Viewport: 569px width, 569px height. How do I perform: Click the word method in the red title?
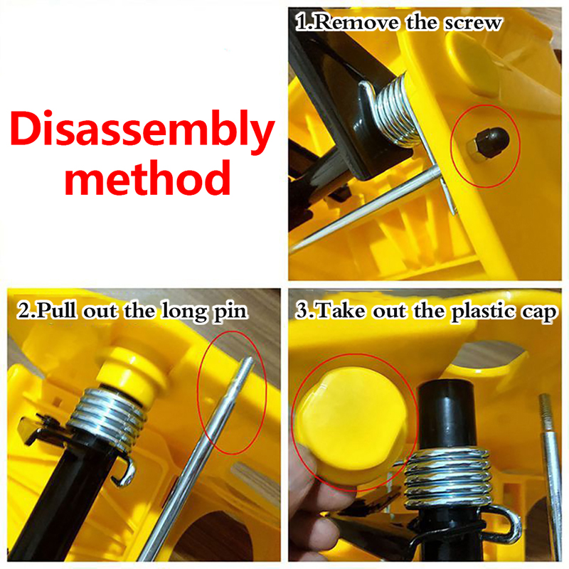click(148, 178)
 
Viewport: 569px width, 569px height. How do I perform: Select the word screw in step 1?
click(473, 23)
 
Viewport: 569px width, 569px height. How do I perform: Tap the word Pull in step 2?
click(56, 311)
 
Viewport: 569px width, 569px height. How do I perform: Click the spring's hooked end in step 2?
click(125, 472)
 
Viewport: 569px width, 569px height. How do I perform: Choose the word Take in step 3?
click(341, 312)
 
